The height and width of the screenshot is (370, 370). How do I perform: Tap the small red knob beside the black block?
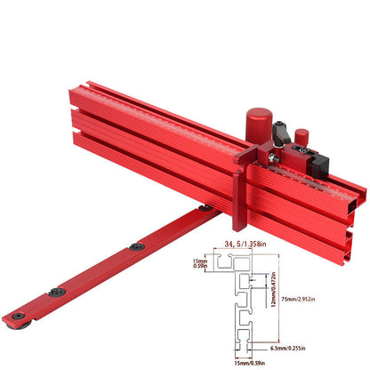pyautogui.click(x=302, y=137)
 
